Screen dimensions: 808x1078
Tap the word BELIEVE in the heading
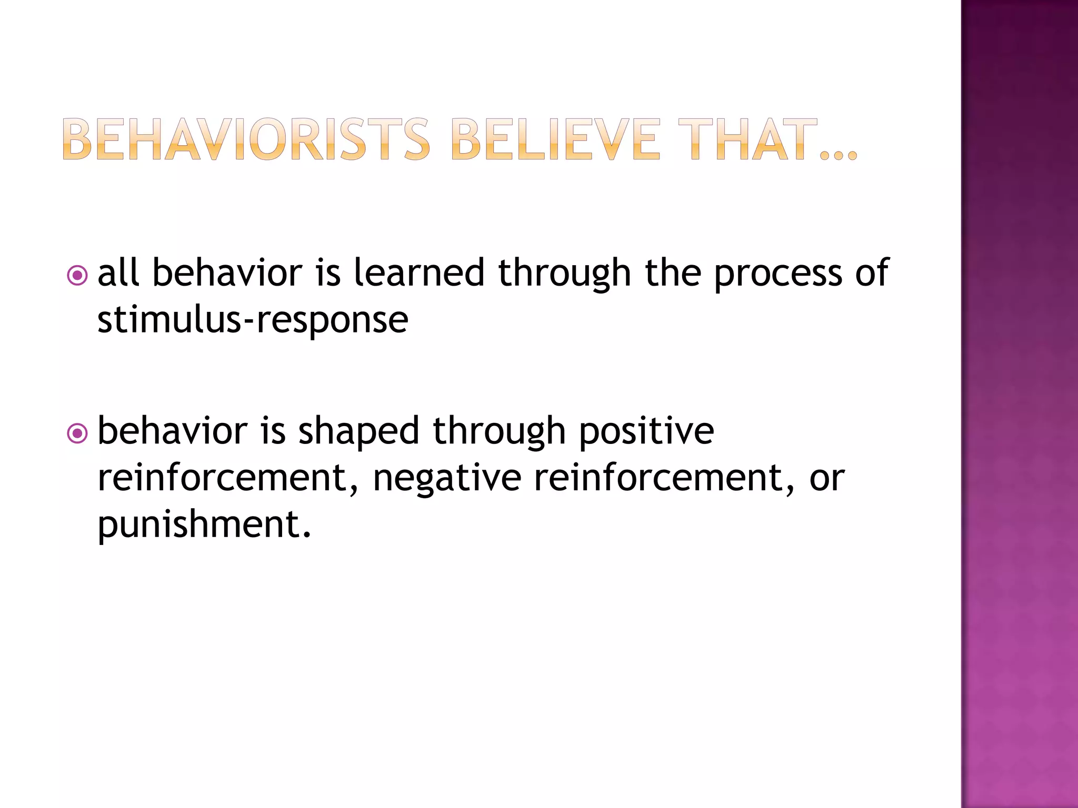(555, 139)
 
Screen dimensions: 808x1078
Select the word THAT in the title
(747, 139)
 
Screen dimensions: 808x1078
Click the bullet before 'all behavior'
(77, 275)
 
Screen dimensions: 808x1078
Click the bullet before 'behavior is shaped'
(77, 433)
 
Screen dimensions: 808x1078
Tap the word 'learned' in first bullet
(418, 273)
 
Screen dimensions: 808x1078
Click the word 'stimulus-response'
(253, 320)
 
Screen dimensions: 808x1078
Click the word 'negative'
(447, 479)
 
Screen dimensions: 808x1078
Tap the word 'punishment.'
(204, 525)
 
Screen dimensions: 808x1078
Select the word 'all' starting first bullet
(118, 273)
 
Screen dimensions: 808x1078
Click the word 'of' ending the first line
(872, 273)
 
